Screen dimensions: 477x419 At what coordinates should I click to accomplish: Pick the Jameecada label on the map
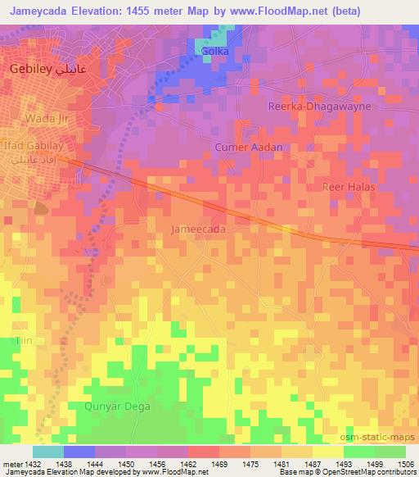tap(199, 230)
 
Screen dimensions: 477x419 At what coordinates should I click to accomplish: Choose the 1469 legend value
tap(219, 463)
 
